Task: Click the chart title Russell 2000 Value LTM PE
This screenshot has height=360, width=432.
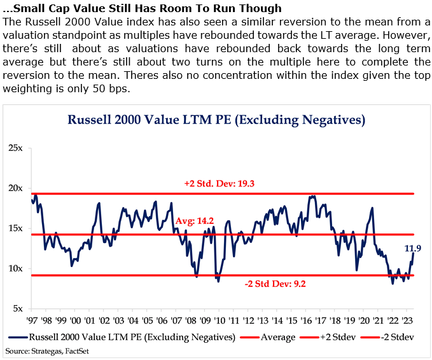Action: [217, 119]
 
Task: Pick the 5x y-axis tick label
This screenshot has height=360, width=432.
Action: [17, 308]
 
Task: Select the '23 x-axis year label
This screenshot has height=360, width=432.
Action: [410, 321]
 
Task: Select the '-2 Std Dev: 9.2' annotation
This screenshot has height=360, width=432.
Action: [275, 284]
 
